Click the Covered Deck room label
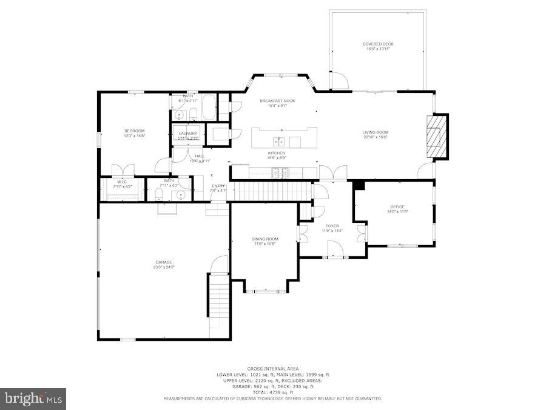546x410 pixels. [x=378, y=44]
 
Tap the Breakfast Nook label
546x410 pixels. [x=277, y=100]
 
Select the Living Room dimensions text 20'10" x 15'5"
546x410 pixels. [x=376, y=137]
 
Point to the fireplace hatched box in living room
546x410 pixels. [x=435, y=137]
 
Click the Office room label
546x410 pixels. [x=397, y=207]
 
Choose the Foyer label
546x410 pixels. [x=332, y=225]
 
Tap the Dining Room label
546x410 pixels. [x=265, y=239]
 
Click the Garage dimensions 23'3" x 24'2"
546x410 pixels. [x=164, y=267]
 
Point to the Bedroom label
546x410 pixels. [x=135, y=131]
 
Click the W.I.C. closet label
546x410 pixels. [x=121, y=181]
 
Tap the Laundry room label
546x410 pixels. [x=188, y=133]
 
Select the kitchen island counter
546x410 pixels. [x=285, y=137]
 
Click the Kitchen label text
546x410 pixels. [x=277, y=152]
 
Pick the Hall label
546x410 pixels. [x=200, y=156]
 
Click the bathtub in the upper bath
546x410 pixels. [x=207, y=108]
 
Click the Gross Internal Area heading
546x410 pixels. [x=273, y=369]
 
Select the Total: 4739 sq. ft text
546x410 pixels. [x=273, y=392]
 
